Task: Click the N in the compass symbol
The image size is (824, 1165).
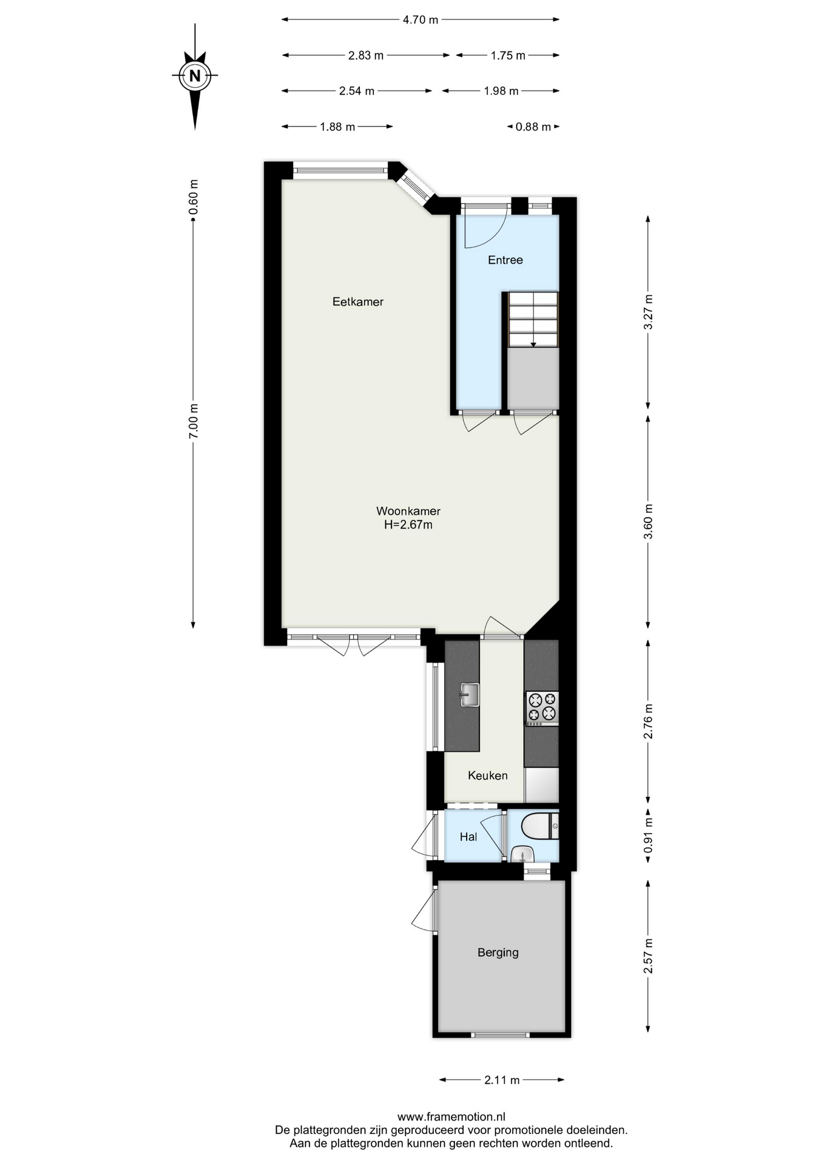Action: [195, 76]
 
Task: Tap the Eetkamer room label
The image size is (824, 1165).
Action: [358, 302]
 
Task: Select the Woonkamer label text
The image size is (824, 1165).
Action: [408, 511]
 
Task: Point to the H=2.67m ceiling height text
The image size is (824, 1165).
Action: [408, 525]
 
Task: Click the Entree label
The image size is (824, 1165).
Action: [505, 260]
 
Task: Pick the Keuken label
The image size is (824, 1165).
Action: [488, 775]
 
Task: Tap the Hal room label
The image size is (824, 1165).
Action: [468, 837]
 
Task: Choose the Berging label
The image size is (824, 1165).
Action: [498, 952]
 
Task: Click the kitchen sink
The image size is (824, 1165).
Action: [469, 695]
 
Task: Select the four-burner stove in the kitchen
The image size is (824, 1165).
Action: [542, 709]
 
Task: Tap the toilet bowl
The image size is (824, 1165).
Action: [535, 826]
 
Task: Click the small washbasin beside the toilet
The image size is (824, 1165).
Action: [522, 854]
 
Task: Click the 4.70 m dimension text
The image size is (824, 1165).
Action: [420, 20]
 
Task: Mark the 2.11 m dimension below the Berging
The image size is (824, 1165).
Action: [502, 1080]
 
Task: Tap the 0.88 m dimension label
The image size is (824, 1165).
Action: [533, 127]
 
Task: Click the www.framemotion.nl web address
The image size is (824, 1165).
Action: [451, 1116]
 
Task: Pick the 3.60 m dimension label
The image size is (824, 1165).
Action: [648, 522]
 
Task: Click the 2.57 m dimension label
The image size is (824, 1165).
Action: [648, 956]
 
